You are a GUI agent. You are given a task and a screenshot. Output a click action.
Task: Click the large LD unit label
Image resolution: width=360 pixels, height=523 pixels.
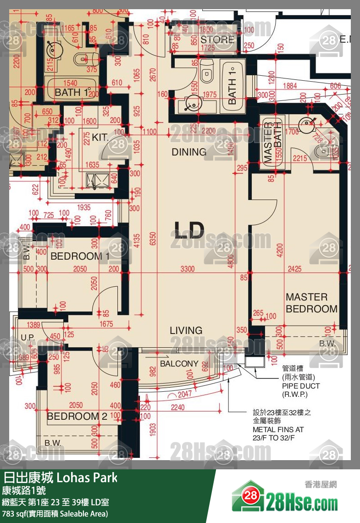(x=188, y=230)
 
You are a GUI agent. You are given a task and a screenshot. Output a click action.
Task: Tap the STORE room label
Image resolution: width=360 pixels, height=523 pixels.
(x=217, y=40)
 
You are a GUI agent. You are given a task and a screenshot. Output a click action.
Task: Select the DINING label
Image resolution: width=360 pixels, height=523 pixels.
(x=189, y=152)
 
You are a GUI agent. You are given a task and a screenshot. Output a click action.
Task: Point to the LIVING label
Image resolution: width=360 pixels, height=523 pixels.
(x=186, y=330)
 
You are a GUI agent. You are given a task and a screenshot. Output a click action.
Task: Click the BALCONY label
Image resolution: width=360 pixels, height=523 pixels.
(x=179, y=364)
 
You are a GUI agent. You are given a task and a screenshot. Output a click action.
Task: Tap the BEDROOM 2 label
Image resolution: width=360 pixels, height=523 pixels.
(x=77, y=417)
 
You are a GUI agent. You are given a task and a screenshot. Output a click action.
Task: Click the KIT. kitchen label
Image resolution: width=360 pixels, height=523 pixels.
(x=100, y=138)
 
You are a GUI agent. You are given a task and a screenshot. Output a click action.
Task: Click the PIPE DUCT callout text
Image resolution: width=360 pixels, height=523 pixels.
(x=301, y=386)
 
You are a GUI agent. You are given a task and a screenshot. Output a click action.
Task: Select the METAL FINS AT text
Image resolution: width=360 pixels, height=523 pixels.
(x=278, y=430)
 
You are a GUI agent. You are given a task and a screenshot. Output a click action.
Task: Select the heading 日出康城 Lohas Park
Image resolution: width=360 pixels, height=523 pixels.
(x=61, y=478)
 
